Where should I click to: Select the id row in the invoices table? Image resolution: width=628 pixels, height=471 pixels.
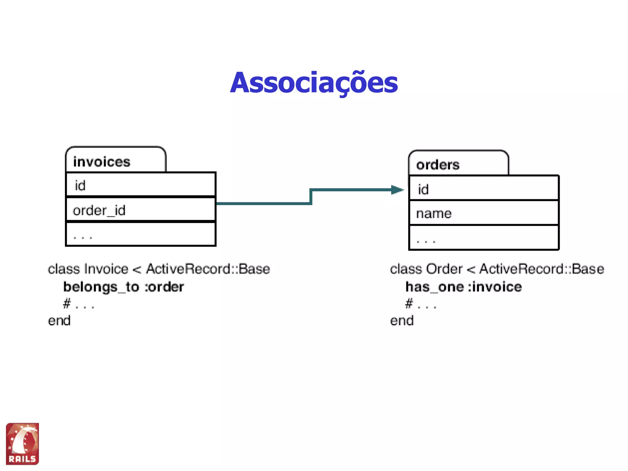tap(141, 185)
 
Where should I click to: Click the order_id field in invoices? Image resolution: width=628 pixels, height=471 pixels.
tap(99, 210)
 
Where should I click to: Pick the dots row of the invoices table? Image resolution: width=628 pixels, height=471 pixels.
tap(141, 235)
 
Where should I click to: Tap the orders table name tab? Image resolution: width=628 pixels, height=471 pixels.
tap(438, 165)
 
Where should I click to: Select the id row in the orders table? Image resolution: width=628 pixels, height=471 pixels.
tap(484, 189)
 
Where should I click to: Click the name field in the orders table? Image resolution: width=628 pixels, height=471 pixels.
tap(434, 213)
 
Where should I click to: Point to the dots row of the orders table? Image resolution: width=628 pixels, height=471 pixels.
tap(484, 238)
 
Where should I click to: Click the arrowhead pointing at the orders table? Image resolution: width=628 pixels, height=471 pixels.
tap(397, 190)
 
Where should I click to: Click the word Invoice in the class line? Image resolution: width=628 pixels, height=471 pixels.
tap(106, 269)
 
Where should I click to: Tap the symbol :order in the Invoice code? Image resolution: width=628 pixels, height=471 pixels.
tap(164, 287)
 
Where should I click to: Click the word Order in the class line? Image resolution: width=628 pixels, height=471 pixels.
tap(444, 269)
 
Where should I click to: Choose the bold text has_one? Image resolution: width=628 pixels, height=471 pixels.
tap(435, 287)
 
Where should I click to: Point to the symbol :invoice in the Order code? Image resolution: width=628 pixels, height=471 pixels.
tap(495, 287)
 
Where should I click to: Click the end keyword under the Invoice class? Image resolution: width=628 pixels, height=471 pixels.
tap(59, 321)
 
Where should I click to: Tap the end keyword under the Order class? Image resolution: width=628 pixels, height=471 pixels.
tap(402, 321)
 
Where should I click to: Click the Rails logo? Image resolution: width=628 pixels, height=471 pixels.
tap(22, 444)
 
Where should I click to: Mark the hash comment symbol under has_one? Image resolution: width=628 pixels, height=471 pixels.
tap(409, 304)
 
